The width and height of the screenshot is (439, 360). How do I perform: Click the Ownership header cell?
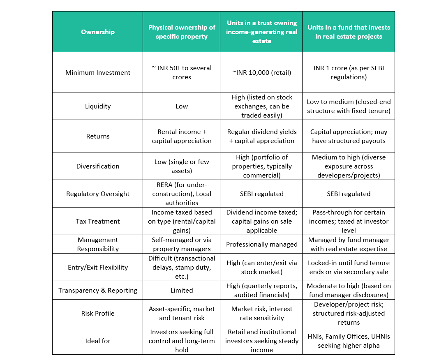tap(98, 32)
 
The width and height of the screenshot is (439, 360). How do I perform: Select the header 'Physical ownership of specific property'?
tap(182, 32)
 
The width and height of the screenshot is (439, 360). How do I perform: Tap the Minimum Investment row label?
tap(98, 72)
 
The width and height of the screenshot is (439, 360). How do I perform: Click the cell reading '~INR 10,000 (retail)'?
tap(261, 72)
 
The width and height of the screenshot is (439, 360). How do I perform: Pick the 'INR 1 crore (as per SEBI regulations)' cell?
tap(349, 72)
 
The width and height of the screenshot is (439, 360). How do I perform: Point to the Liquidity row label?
tap(98, 106)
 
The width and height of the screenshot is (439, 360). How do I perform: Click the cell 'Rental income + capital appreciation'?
tap(182, 136)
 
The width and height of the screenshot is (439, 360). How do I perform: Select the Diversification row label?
tap(98, 166)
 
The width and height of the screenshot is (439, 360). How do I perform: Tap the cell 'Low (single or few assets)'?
tap(182, 166)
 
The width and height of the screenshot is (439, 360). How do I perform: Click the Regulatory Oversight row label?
tap(98, 194)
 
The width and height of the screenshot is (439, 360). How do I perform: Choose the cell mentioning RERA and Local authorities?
tap(182, 194)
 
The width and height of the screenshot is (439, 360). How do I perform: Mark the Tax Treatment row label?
tap(98, 221)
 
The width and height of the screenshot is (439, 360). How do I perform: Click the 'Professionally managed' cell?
tap(261, 244)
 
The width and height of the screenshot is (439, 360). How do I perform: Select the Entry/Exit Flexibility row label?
tap(98, 267)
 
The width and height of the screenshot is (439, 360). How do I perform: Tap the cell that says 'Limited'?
tap(182, 290)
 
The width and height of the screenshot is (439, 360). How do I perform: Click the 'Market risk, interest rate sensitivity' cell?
tap(261, 313)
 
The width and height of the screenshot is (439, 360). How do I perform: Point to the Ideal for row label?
tap(98, 341)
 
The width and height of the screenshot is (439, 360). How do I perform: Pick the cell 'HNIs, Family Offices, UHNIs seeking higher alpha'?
tap(349, 341)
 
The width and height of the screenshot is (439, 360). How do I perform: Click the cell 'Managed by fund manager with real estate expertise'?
tap(349, 244)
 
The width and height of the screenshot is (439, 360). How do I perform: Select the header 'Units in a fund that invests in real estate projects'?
tap(349, 32)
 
